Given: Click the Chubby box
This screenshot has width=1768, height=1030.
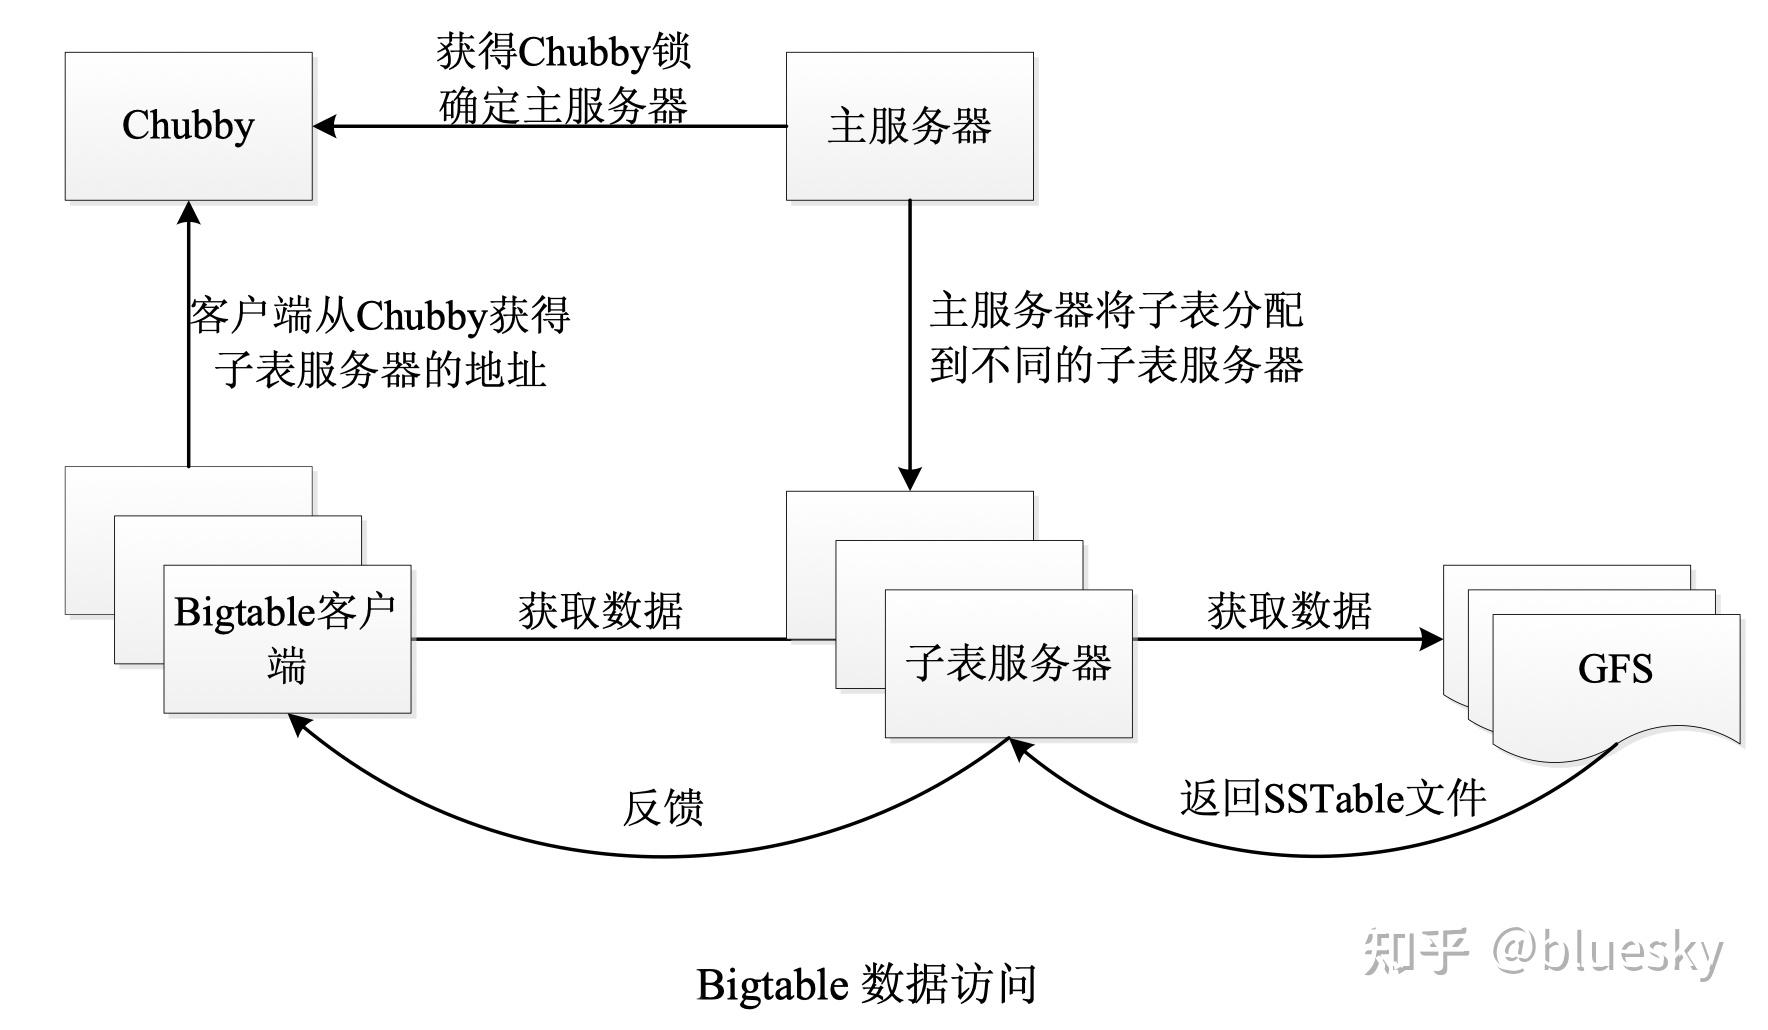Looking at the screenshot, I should coord(188,126).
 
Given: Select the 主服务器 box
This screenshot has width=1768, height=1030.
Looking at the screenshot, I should coord(909,126).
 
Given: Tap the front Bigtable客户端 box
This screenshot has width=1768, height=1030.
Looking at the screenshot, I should coord(287,639).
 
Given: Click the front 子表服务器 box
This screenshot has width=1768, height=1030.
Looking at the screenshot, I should coord(1008,664).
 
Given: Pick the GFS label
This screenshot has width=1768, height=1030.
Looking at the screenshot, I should coord(1614,668).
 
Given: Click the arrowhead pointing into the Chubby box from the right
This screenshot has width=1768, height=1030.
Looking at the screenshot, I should coord(324,126).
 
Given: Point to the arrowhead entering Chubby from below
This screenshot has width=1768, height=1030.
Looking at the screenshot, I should coord(188,213).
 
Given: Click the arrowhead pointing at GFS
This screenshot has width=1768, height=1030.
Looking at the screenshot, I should coord(1432,639).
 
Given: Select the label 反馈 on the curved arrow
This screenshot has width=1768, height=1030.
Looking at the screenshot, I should coord(663,807).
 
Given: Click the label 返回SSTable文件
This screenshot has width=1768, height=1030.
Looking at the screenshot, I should coord(1332,798).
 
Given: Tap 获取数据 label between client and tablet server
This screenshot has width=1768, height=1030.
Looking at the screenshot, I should coord(600,610).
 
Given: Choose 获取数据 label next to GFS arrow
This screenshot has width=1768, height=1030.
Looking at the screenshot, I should coord(1289,610).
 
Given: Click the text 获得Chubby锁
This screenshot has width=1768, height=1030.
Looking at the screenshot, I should coord(563,52).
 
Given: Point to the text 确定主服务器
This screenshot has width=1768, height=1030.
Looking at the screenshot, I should coord(563,106).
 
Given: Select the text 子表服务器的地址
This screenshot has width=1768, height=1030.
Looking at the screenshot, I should coord(380,370).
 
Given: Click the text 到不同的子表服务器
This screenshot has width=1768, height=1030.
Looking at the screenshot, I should coord(1116,365).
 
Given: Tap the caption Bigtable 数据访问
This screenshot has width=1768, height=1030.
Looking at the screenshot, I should coord(866,984).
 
